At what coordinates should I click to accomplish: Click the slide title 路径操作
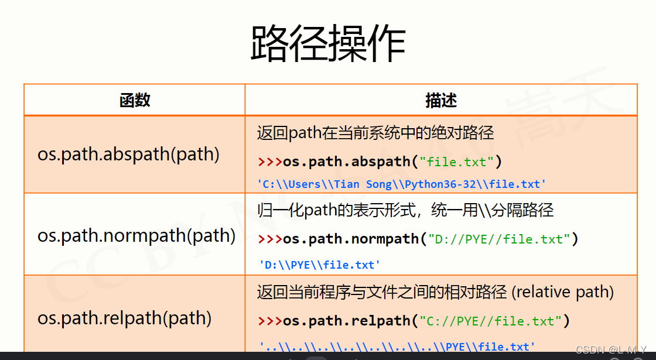click(327, 43)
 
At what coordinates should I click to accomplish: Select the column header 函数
click(135, 100)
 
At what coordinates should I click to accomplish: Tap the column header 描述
click(440, 100)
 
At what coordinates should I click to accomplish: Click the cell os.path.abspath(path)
click(128, 155)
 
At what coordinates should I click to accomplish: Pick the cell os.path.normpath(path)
click(136, 235)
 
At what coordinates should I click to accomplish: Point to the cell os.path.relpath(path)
click(124, 318)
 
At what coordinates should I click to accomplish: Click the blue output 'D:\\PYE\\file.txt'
click(320, 265)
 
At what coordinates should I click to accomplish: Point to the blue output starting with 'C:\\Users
click(402, 184)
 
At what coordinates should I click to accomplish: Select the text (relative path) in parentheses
click(563, 292)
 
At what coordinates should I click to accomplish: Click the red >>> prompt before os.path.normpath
click(270, 239)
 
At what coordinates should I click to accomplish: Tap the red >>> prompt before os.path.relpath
click(270, 321)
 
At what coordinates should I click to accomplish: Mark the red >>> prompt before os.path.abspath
click(270, 162)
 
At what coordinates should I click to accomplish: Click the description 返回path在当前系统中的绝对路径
click(375, 132)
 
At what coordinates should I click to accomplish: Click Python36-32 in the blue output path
click(436, 184)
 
